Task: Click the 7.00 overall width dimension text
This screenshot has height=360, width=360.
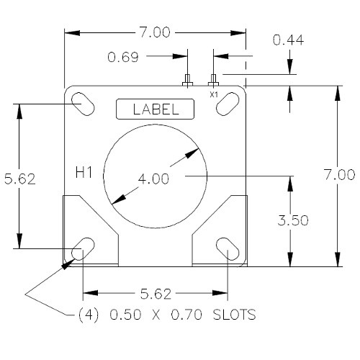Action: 156,32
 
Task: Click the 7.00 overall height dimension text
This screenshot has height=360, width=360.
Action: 338,174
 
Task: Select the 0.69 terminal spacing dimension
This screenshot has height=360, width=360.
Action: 124,55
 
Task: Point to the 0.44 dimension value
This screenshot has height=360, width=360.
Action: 288,41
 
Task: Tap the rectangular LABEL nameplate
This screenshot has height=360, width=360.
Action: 156,109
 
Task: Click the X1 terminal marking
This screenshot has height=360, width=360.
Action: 213,94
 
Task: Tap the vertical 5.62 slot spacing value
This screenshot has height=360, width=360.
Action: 19,177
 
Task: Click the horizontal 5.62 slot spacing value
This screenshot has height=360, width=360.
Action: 155,294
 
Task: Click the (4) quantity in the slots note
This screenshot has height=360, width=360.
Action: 87,315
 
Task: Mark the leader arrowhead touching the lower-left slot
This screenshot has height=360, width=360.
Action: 68,263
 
